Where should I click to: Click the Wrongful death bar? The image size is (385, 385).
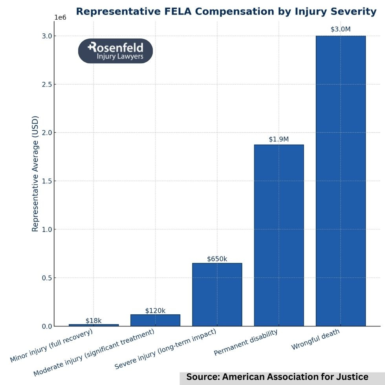341,181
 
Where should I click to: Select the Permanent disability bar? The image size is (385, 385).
279,235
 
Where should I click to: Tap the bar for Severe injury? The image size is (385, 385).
217,294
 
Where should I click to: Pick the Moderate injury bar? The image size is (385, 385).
155,320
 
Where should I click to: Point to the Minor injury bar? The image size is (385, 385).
93,325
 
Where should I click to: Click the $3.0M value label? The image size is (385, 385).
341,29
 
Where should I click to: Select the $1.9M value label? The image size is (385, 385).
279,139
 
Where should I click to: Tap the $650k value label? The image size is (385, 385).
217,259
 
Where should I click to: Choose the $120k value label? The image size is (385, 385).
155,311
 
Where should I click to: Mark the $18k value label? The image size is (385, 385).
93,321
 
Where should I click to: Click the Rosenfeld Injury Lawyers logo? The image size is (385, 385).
115,51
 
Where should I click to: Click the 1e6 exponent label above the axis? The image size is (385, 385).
60,17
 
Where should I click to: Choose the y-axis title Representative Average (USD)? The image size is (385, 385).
35,173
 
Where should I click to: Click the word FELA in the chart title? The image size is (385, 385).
177,11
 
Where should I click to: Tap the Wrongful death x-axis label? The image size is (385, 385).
315,340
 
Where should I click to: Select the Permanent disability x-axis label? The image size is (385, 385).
246,343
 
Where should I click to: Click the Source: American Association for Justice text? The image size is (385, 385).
277,377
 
